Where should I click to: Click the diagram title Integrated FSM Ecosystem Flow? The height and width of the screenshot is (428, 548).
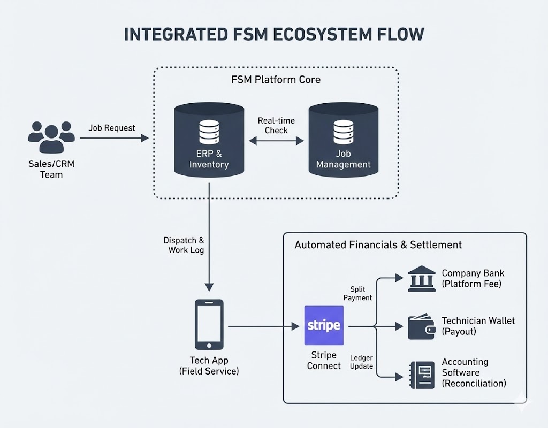[x=274, y=34]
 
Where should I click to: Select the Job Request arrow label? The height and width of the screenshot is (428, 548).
[x=112, y=128]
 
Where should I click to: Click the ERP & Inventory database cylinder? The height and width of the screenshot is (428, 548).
[x=209, y=140]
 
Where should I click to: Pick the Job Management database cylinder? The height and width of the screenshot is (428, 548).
[x=343, y=140]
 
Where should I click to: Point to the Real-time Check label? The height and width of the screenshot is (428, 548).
[x=276, y=125]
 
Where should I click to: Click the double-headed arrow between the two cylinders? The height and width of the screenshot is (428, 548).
[x=276, y=141]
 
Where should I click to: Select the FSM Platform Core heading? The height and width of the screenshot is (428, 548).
[x=276, y=80]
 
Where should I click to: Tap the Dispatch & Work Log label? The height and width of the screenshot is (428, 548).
[x=184, y=246]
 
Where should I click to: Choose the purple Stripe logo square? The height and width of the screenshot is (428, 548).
[x=324, y=325]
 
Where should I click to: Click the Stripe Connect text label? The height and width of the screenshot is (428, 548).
[x=324, y=361]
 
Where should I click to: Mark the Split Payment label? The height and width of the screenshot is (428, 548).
[x=357, y=293]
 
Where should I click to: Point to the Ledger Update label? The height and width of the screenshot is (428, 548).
[x=361, y=362]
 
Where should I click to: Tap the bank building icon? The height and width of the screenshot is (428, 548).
[x=422, y=279]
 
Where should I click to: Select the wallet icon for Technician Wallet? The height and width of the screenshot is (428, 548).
[x=422, y=326]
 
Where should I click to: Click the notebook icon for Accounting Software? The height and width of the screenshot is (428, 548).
[x=422, y=373]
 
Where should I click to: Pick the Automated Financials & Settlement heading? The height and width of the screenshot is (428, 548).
[x=378, y=245]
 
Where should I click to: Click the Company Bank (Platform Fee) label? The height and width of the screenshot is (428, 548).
[x=472, y=279]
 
